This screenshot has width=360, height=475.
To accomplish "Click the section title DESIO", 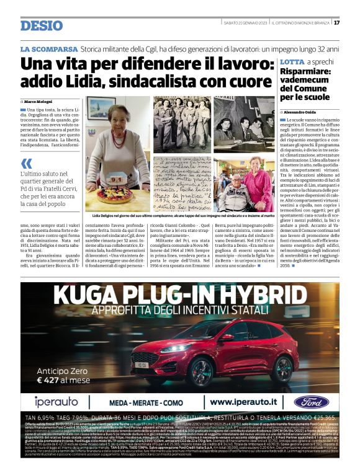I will pyautogui.click(x=41, y=25).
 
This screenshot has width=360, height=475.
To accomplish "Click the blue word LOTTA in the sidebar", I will pyautogui.click(x=274, y=63).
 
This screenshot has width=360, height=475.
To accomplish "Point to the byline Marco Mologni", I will pyautogui.click(x=38, y=101).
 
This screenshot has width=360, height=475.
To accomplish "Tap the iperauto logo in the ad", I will pyautogui.click(x=56, y=401).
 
